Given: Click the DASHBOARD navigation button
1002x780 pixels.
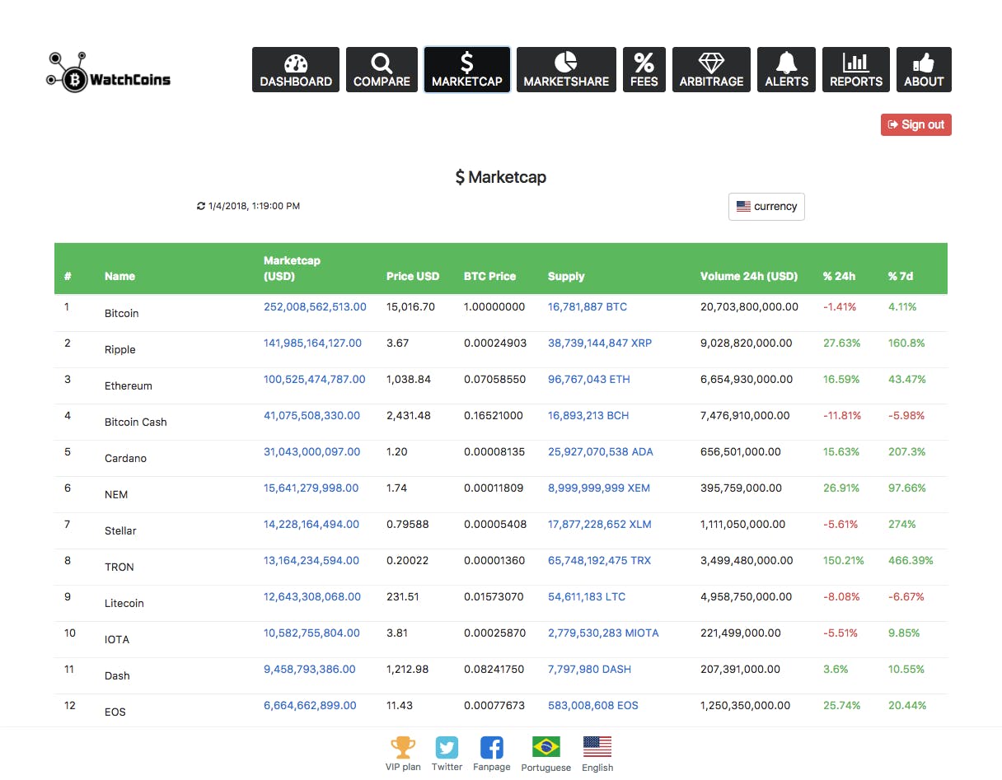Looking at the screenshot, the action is (x=296, y=69).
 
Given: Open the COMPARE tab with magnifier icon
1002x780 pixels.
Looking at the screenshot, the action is (x=382, y=69).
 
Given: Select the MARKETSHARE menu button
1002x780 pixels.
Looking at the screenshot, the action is (x=566, y=69).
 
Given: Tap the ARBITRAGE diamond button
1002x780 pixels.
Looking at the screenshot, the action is (x=711, y=69).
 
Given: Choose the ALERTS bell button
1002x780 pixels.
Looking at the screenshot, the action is (x=786, y=69).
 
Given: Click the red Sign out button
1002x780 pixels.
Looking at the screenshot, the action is (x=915, y=125).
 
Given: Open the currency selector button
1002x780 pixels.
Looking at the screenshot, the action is (x=766, y=207).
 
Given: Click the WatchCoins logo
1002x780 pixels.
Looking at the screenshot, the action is (x=109, y=72).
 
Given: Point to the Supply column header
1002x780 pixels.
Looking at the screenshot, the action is (x=566, y=276).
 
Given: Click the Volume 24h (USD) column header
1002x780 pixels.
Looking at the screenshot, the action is (x=749, y=276).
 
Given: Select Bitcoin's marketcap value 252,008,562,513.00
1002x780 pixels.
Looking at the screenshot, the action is (x=315, y=307).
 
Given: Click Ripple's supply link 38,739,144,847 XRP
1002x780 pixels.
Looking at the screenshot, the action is (x=599, y=343).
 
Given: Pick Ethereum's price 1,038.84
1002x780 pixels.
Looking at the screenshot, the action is (x=409, y=379).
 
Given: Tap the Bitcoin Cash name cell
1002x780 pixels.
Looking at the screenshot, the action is (x=136, y=422).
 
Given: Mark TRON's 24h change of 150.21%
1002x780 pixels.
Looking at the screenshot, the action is (x=843, y=561).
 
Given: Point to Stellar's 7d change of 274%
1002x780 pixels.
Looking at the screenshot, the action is (x=902, y=525).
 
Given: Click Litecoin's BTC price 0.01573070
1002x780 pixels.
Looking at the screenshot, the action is (x=494, y=596).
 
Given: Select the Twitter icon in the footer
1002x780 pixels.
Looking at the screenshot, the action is (x=447, y=747).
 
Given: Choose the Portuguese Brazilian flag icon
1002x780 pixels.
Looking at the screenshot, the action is (x=546, y=747).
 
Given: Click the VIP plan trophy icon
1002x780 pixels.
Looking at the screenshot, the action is (x=403, y=747).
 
